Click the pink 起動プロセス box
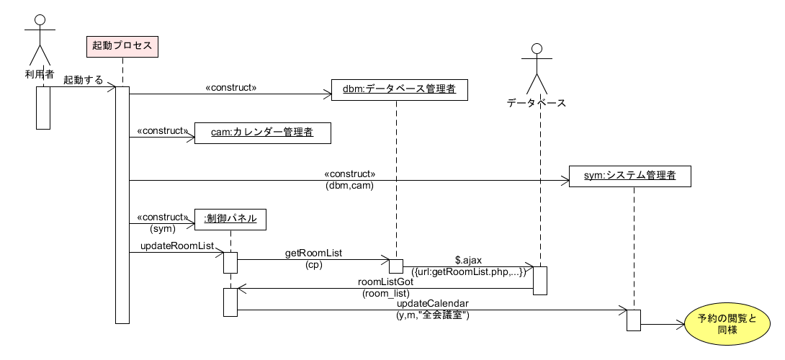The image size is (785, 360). pos(122,46)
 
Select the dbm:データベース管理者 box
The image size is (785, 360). pos(395,89)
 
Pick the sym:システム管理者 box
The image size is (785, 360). pos(629,176)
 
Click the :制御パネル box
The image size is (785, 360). pos(225,219)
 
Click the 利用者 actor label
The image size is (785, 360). pos(40,74)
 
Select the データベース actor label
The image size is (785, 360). pos(536,103)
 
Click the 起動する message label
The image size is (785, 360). pos(84,79)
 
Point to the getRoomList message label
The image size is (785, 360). pos(313,253)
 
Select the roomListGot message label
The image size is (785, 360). pos(385,282)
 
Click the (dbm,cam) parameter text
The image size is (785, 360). pos(350,185)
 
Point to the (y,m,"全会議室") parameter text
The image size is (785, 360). pos(433,315)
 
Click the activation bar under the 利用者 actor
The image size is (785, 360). pos(42,108)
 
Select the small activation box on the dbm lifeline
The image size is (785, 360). pos(395,266)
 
